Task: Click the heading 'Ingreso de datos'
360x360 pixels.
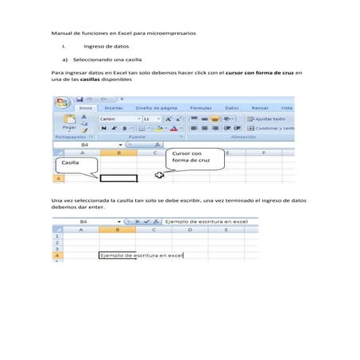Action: pos(106,47)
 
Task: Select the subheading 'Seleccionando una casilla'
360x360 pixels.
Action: pos(107,60)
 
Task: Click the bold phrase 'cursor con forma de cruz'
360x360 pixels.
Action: pos(259,72)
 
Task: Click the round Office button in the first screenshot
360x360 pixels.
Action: pos(61,103)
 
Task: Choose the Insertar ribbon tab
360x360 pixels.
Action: pos(114,107)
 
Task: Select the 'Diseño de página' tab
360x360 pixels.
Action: pos(156,107)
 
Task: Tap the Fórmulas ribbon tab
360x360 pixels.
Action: pos(199,107)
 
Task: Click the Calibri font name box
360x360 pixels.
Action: pos(117,118)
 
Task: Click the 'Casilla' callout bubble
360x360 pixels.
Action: pos(75,164)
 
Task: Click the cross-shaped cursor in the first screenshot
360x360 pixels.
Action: pos(160,176)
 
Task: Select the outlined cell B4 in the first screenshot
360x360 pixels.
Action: pos(118,178)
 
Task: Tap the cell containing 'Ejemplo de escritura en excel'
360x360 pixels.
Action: pos(141,255)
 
